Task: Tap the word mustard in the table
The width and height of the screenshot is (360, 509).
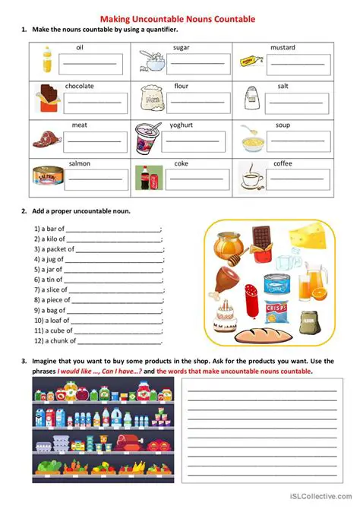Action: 283,48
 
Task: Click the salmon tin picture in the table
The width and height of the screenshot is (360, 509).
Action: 46,177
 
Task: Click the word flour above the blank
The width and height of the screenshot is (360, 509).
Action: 181,86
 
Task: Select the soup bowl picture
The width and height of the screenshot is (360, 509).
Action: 251,138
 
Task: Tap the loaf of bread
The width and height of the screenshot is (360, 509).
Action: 261,333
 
